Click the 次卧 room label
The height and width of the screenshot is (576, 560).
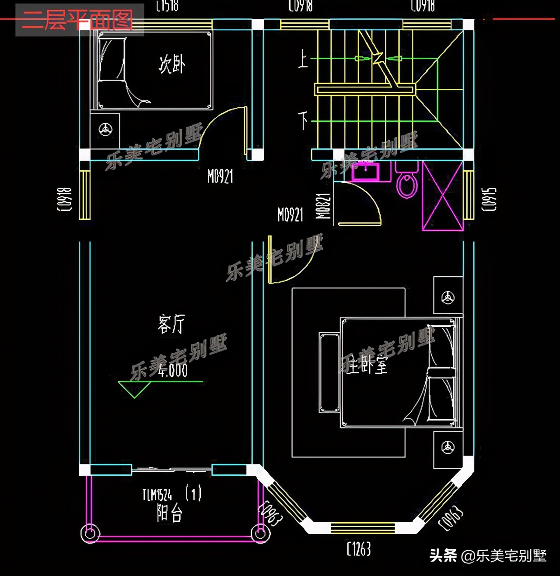pyautogui.click(x=172, y=64)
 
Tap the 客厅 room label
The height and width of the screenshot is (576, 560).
pyautogui.click(x=171, y=324)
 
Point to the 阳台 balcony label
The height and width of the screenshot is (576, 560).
pyautogui.click(x=169, y=513)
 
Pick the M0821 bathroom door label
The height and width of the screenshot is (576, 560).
pyautogui.click(x=323, y=206)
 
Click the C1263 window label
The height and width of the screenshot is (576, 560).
pyautogui.click(x=359, y=548)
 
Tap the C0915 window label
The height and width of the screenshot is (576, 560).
pyautogui.click(x=489, y=199)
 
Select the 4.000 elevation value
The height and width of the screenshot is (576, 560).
pyautogui.click(x=173, y=371)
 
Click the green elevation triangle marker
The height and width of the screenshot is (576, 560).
pyautogui.click(x=134, y=389)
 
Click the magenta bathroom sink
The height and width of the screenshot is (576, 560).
pyautogui.click(x=366, y=172)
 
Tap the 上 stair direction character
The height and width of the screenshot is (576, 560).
pyautogui.click(x=303, y=59)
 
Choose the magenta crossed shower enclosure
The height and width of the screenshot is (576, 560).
pyautogui.click(x=442, y=196)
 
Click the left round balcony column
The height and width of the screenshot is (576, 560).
pyautogui.click(x=90, y=534)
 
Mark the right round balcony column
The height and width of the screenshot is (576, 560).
pyautogui.click(x=260, y=534)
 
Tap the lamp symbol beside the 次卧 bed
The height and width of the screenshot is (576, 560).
pyautogui.click(x=105, y=130)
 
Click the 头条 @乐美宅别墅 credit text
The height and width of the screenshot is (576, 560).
pyautogui.click(x=488, y=555)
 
